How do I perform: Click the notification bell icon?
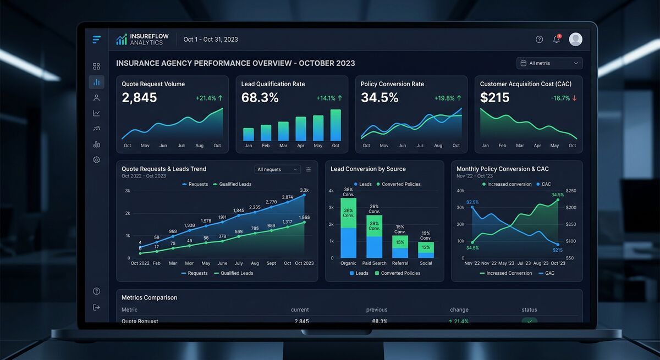click(557, 40)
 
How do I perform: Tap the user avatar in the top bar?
click(575, 39)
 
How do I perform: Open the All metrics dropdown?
click(549, 63)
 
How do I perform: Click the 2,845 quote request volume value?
click(139, 98)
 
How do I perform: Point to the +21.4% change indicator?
click(209, 98)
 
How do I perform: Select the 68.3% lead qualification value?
click(260, 98)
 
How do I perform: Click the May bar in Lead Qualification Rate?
click(318, 128)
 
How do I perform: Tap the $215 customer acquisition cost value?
click(494, 98)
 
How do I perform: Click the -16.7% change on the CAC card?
click(564, 98)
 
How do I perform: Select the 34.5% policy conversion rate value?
click(380, 98)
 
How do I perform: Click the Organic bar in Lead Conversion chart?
click(348, 228)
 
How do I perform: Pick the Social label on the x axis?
click(426, 263)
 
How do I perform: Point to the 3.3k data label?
click(304, 190)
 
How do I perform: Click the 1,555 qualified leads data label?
click(304, 218)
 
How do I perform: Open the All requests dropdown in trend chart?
click(278, 169)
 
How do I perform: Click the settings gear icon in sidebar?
click(97, 160)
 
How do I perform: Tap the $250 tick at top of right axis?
click(570, 191)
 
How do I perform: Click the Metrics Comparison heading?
click(149, 297)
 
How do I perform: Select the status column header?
click(529, 310)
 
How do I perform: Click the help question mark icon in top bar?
click(539, 40)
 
